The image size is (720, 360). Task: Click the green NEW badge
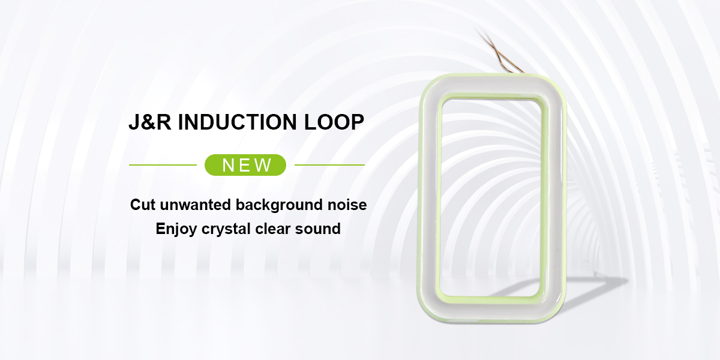coord(245,165)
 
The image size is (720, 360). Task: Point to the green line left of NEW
coord(163,165)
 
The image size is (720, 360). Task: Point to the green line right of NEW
coord(329,165)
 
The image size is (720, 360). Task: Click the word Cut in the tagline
coord(143,205)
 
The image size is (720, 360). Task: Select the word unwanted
coord(196,205)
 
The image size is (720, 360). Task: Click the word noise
coord(346,205)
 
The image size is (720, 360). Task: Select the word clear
coord(277,229)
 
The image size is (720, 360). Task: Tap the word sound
coord(320,229)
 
